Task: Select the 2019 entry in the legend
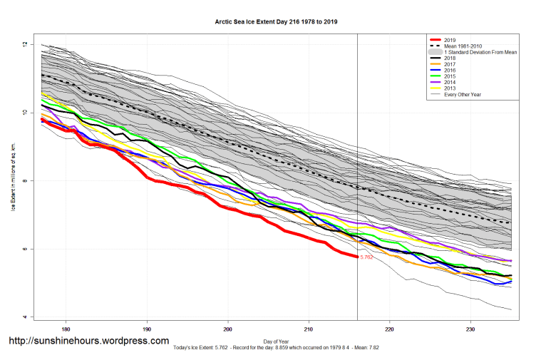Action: coord(449,39)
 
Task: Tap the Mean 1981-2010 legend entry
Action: coord(463,46)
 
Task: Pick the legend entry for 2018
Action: coord(449,58)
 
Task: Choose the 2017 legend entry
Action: coord(449,64)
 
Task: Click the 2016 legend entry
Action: coord(449,71)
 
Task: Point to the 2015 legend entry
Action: coord(449,76)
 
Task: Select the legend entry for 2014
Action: coord(449,83)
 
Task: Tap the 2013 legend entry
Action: coord(449,88)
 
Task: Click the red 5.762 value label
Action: coord(366,257)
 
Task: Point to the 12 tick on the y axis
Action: coord(24,45)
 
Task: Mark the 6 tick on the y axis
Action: coord(24,249)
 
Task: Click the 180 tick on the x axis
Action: coord(66,329)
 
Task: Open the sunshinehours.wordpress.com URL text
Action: coord(88,341)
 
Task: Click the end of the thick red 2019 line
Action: coord(356,257)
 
